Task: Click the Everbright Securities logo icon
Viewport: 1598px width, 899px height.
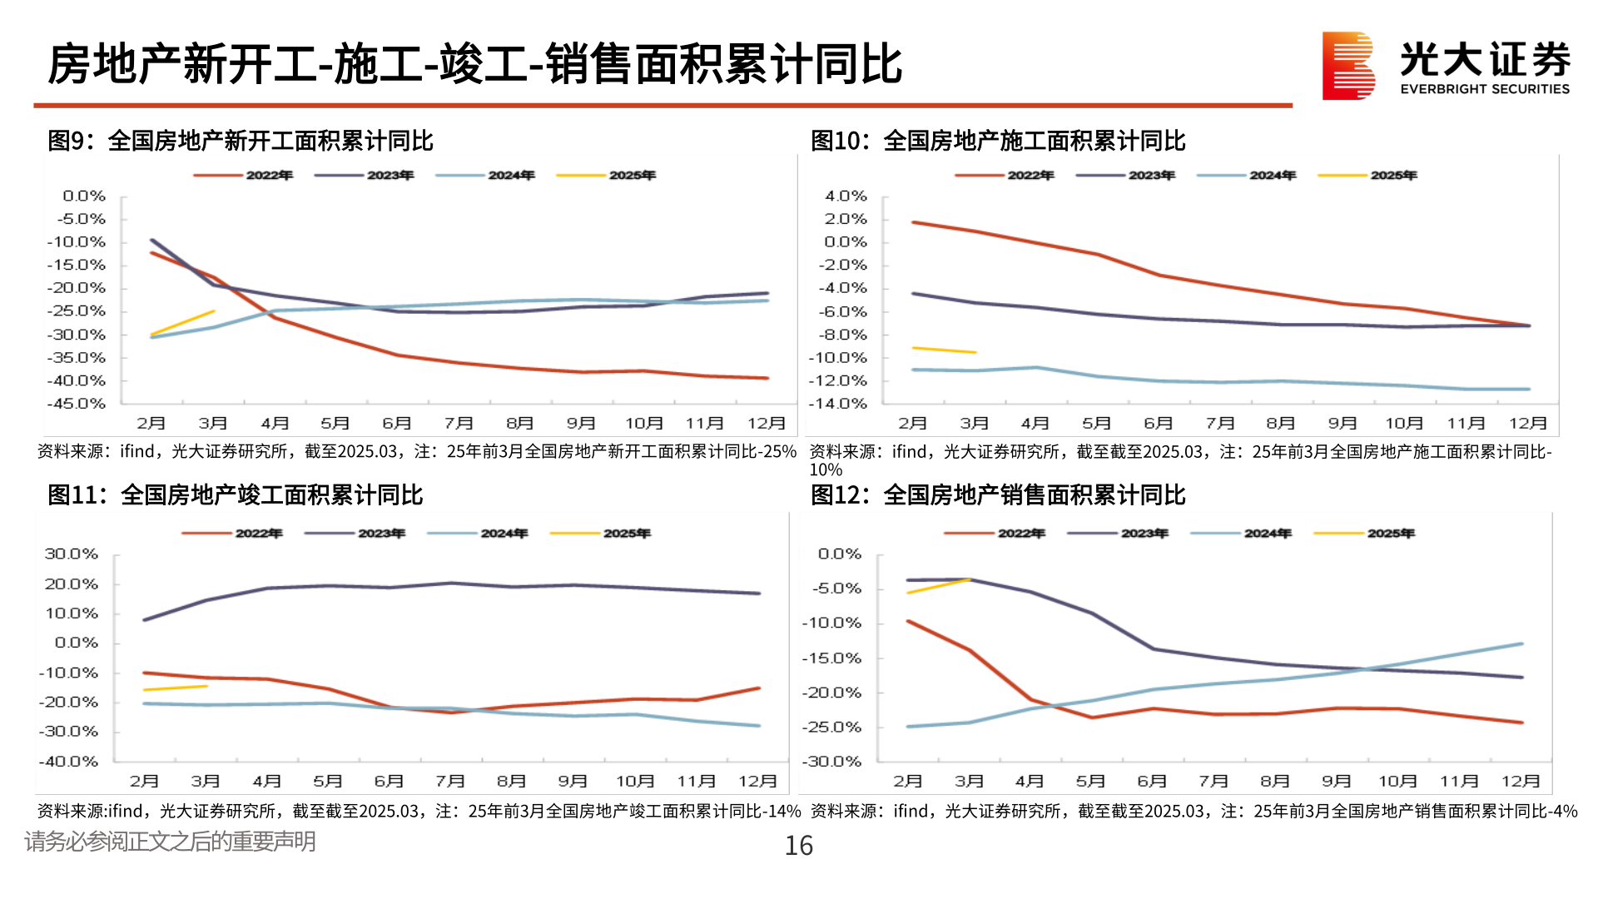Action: pyautogui.click(x=1348, y=66)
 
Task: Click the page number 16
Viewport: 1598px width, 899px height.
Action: pyautogui.click(x=798, y=846)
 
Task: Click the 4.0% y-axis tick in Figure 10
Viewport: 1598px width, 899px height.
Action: pyautogui.click(x=846, y=196)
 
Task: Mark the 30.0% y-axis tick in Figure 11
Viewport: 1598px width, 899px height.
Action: pyautogui.click(x=72, y=554)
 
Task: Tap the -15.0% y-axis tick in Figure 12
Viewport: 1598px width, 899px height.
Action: pyautogui.click(x=831, y=658)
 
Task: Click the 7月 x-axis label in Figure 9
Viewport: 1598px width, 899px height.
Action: pyautogui.click(x=459, y=423)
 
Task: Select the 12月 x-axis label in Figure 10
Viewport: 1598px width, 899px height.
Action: pyautogui.click(x=1528, y=423)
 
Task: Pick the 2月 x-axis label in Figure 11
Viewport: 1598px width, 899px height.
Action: pyautogui.click(x=144, y=781)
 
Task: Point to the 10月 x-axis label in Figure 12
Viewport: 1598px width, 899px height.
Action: pyautogui.click(x=1397, y=781)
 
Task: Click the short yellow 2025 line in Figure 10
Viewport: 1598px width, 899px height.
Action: pyautogui.click(x=944, y=350)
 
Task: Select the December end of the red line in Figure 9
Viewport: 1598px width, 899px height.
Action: pyautogui.click(x=767, y=378)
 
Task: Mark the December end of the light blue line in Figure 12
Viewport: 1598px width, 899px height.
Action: pyautogui.click(x=1521, y=643)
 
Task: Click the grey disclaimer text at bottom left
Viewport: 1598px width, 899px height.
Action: pyautogui.click(x=170, y=842)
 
